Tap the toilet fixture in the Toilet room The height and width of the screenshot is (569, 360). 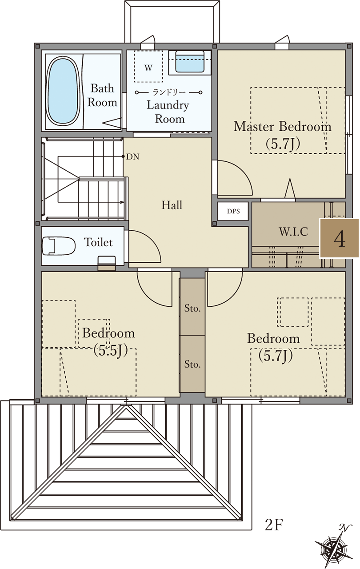coord(58,246)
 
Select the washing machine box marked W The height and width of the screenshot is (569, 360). coord(148,66)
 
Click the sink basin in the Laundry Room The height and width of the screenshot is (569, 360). coord(190,61)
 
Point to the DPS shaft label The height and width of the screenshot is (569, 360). coord(233,211)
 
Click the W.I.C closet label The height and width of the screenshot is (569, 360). coord(293,232)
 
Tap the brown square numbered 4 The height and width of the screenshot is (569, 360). coord(339,238)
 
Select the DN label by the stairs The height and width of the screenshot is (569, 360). coord(133,157)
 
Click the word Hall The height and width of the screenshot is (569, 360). coord(172,205)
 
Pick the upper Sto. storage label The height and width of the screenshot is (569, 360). coord(192,309)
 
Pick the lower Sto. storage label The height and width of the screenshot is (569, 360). coord(192,364)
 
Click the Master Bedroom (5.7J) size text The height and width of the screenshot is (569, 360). coord(283,144)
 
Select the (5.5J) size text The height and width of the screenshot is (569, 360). coord(110,351)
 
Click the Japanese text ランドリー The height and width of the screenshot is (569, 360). coord(169,92)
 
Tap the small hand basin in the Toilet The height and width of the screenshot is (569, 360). coord(107,263)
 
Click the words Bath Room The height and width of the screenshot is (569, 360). coord(102,95)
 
